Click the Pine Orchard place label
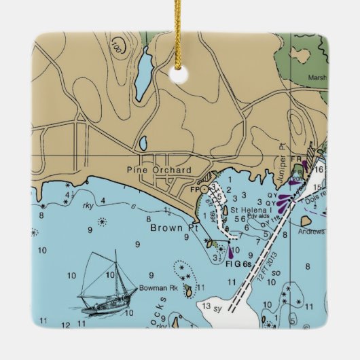159,170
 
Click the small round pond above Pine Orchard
143,143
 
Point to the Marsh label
317,77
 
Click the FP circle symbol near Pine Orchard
204,189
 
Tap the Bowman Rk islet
188,293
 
